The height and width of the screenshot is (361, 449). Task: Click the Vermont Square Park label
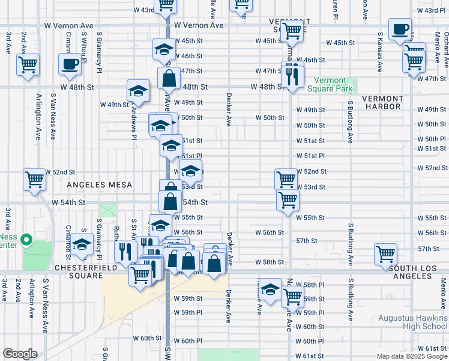pos(327,85)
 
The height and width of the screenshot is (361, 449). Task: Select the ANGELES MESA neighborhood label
pos(95,185)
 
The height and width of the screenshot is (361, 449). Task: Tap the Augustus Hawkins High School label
pos(413,322)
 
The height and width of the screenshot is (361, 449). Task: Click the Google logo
pos(20,354)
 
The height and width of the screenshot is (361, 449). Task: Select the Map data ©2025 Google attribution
pos(412,356)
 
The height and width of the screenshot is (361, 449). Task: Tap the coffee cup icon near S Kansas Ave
pos(400,29)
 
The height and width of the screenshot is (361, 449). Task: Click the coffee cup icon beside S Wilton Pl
pos(70,64)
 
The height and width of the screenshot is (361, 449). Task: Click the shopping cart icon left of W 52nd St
pos(34,179)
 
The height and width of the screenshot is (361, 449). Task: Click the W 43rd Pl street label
pos(431,11)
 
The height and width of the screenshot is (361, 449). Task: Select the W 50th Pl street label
pos(432,139)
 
